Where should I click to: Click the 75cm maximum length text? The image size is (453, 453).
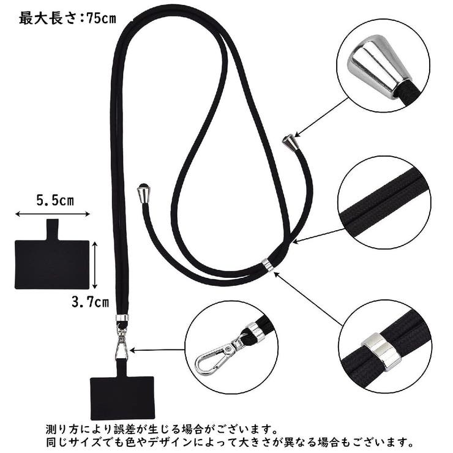point(67,18)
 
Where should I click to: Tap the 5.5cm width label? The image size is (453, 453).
point(54,200)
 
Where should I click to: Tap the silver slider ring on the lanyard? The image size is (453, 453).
point(268,264)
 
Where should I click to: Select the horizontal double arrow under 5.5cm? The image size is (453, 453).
point(53,214)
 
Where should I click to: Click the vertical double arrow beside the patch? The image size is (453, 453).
point(95,264)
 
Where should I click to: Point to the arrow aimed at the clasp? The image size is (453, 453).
point(158,350)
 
